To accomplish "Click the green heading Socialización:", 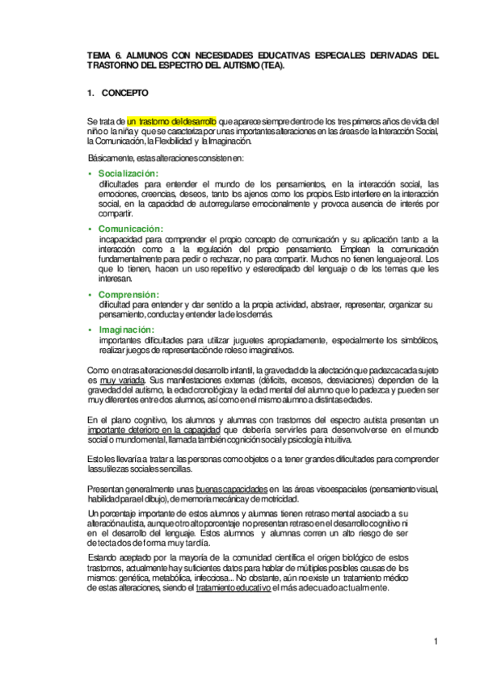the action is point(128,174).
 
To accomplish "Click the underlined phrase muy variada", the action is point(109,379).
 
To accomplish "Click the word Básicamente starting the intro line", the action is point(113,157).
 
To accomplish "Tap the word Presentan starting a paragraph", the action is point(107,490).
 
